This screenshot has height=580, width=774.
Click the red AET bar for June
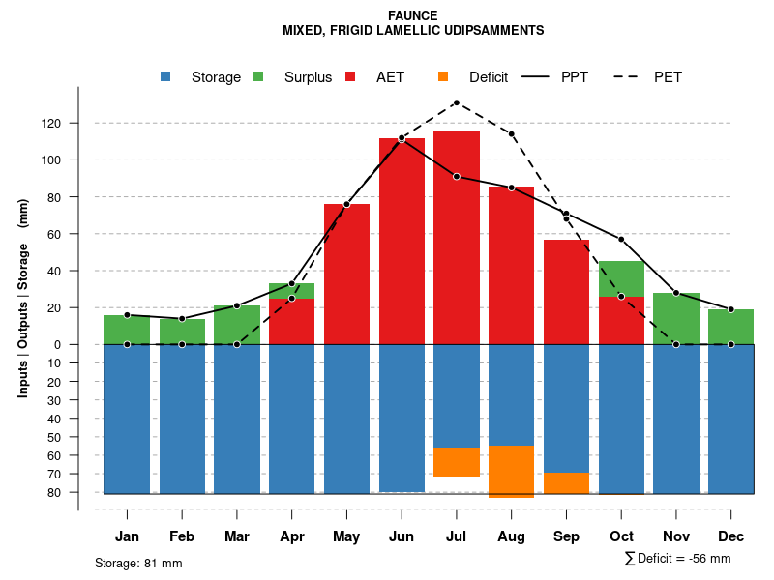(x=402, y=242)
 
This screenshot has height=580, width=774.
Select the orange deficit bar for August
(x=511, y=472)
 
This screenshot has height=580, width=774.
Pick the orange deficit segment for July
(x=457, y=462)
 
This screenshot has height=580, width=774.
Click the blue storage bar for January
(x=127, y=419)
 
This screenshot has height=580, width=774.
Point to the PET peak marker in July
(x=456, y=102)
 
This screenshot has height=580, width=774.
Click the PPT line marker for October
(x=621, y=239)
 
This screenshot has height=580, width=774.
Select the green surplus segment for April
(x=291, y=291)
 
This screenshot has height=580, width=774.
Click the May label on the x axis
(x=346, y=536)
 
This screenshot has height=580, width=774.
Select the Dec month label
(x=730, y=536)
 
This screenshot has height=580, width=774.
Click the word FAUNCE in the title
(x=412, y=15)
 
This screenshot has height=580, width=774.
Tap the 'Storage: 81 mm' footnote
(x=138, y=563)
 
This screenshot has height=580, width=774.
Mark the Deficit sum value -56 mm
(x=711, y=559)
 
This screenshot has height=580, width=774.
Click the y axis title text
(x=23, y=297)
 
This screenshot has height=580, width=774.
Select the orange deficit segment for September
(x=566, y=483)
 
